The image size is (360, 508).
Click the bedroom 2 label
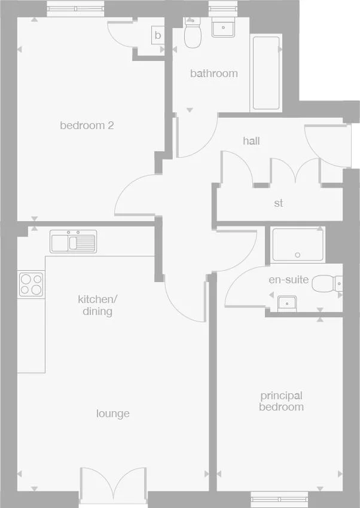point(87,126)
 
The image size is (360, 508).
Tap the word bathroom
point(213,74)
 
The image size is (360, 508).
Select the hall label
point(251,141)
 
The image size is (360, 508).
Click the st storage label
point(278,203)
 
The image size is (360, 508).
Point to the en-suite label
point(289,279)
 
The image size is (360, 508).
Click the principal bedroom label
point(281,401)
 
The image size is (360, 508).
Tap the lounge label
point(113,414)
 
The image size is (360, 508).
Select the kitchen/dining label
point(95,305)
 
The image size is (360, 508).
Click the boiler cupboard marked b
point(158,35)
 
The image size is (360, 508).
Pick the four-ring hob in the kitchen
point(30,284)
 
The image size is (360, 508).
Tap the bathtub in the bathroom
point(266,73)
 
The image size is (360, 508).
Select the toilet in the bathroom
point(193,35)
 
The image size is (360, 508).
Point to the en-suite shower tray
point(298,245)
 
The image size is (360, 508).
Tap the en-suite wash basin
point(288,303)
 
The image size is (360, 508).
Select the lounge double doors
point(113,484)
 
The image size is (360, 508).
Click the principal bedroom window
point(279,497)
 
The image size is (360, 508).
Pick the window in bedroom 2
point(75,8)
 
